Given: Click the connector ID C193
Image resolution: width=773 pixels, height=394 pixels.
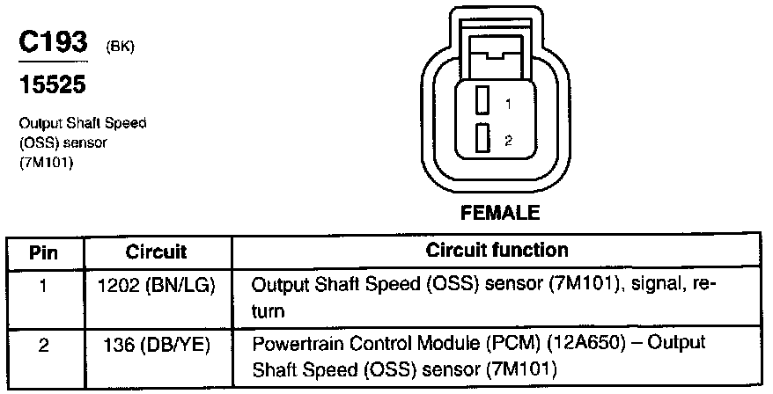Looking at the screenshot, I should [x=52, y=44].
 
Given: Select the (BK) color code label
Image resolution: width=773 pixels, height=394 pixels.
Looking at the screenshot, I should [x=119, y=48].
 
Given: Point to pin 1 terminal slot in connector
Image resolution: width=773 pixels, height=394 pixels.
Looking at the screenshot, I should [x=482, y=101].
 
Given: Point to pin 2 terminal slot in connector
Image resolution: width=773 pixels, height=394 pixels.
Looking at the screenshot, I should [x=482, y=139].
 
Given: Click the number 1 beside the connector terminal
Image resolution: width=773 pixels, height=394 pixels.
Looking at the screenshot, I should [x=508, y=104].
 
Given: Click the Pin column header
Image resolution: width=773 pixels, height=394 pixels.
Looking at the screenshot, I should [x=44, y=252].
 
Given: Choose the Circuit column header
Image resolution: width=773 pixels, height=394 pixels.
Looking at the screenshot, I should [x=156, y=252].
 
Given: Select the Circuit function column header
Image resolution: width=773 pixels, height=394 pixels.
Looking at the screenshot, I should [x=497, y=251].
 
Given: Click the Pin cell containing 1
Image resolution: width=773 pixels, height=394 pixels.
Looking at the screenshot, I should [x=44, y=286].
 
